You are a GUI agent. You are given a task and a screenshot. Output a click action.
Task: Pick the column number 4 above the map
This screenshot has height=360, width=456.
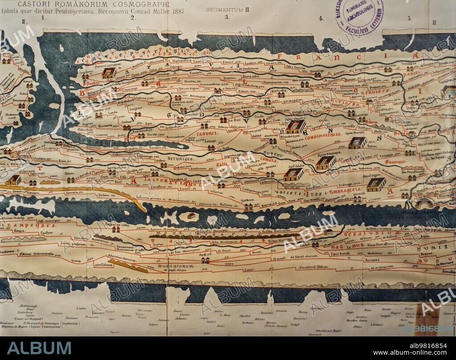tap(321, 18)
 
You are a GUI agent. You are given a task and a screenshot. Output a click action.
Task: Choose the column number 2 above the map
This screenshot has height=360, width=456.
tap(133, 18)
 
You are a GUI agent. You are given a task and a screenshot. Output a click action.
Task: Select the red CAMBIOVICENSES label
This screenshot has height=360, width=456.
tap(323, 134)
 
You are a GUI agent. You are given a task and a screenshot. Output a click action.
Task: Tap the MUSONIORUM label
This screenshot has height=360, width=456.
tap(171, 267)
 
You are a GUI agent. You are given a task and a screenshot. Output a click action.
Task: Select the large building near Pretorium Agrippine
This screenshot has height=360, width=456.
tap(109, 73)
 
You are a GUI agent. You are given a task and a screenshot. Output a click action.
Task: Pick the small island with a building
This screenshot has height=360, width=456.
tap(191, 216)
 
